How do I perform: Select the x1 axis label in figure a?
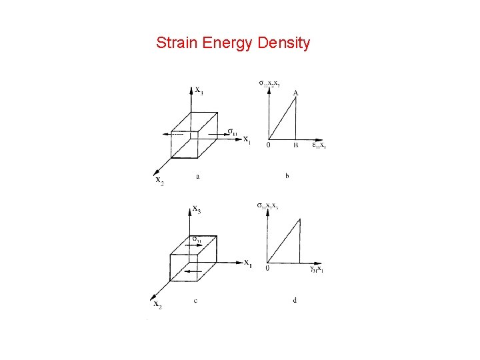[247, 139]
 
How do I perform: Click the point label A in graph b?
[295, 93]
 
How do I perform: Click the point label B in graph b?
[295, 145]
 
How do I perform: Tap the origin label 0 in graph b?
[267, 145]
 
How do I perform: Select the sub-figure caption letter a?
[199, 177]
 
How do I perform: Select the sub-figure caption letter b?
[287, 177]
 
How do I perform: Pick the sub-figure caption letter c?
[195, 300]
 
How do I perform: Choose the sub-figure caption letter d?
[295, 300]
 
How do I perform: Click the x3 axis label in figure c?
[197, 210]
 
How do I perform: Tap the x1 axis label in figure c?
[247, 262]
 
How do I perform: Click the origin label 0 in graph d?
[267, 268]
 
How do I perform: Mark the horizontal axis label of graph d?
[316, 269]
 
